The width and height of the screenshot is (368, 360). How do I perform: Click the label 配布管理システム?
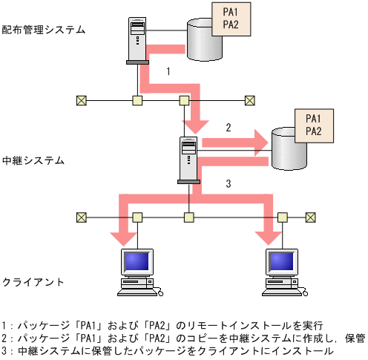pos(44,30)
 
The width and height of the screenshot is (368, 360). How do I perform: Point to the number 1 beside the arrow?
pos(168,72)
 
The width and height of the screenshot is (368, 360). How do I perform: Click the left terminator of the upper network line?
pos(82,99)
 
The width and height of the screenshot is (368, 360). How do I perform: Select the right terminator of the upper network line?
pos(250,99)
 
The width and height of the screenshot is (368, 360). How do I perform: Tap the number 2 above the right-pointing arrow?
pos(229,128)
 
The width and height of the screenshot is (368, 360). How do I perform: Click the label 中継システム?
pos(33,160)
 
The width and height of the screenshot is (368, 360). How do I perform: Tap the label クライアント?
pos(33,283)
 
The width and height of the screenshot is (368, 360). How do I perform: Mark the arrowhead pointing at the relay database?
pos(260,142)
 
